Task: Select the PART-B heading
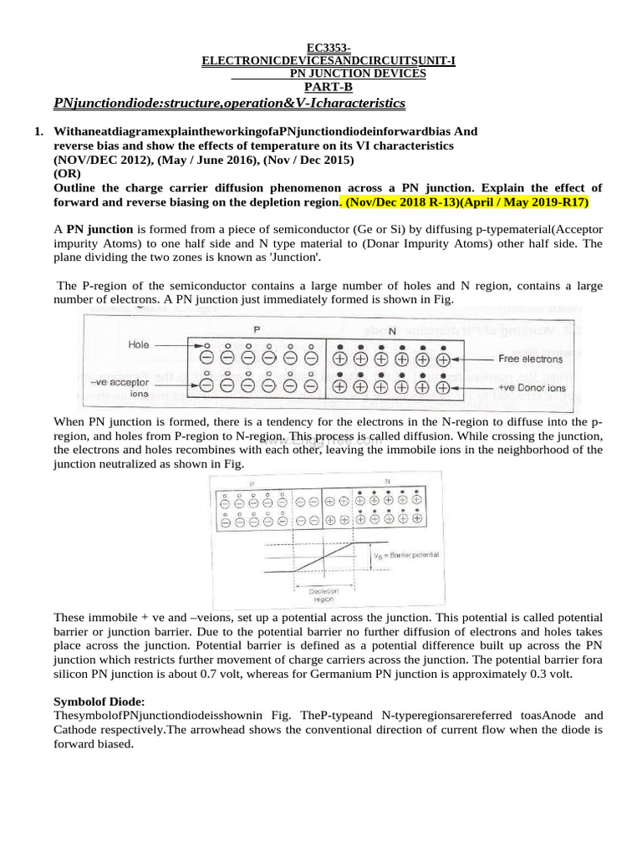(329, 86)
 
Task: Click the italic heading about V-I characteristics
(229, 103)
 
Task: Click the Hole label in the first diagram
(139, 344)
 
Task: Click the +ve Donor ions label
(532, 388)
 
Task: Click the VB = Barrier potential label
(406, 554)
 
